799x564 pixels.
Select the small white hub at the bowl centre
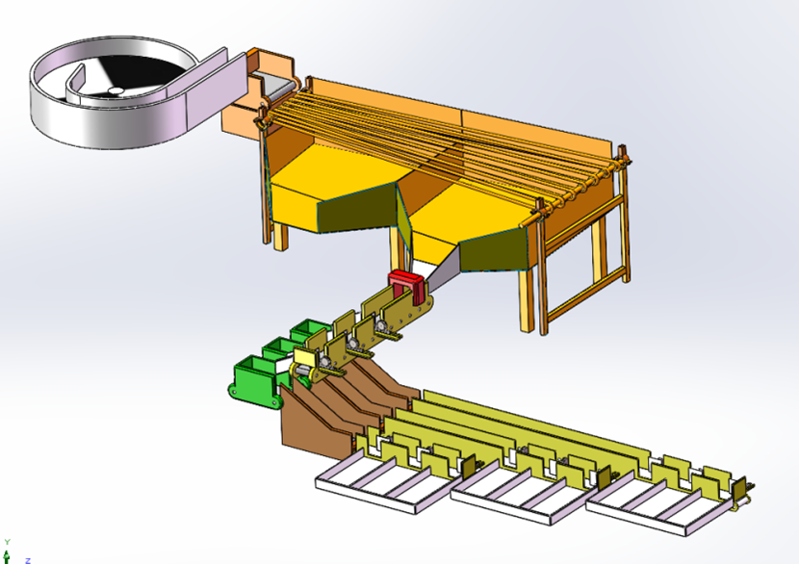(x=116, y=91)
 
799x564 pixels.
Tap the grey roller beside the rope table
(x=279, y=90)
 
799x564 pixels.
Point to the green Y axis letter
(x=7, y=542)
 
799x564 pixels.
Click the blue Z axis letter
(x=28, y=560)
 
